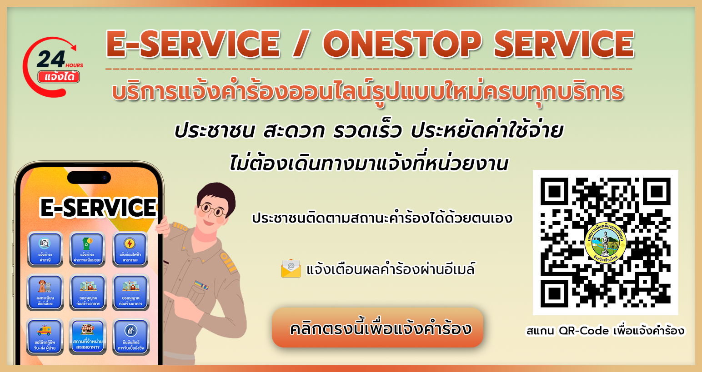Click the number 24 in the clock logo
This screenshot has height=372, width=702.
click(51, 59)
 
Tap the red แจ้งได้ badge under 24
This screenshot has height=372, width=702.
click(59, 77)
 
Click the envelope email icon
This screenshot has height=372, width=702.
click(291, 268)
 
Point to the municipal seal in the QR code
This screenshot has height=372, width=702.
click(605, 242)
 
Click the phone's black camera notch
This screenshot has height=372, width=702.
click(89, 177)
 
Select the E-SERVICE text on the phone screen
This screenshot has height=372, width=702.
click(98, 208)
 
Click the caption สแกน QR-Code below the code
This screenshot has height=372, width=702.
click(605, 331)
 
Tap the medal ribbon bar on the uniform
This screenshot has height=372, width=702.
click(201, 285)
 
